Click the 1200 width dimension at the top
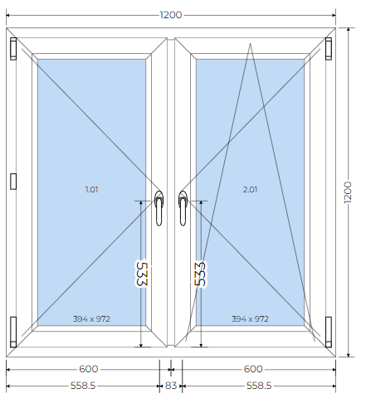[x=171, y=15]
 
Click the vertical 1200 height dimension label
[x=348, y=192]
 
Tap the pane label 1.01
[x=91, y=190]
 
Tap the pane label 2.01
[x=250, y=190]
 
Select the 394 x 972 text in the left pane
[x=91, y=319]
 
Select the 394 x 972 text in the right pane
[x=250, y=319]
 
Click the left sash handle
[x=159, y=208]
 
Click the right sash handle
[x=183, y=208]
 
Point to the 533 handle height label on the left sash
[x=142, y=274]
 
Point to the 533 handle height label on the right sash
[x=200, y=274]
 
